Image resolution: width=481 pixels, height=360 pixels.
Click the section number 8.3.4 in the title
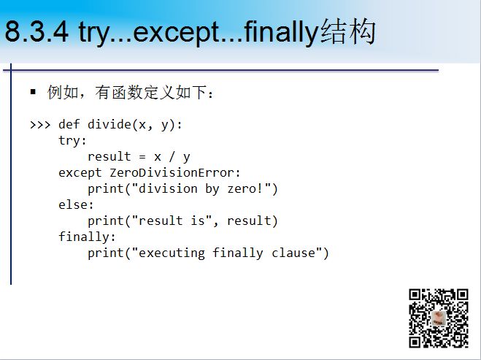pos(36,31)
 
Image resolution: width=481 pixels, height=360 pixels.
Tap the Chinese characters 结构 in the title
pos(348,31)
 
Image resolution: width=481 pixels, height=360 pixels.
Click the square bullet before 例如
pos(33,91)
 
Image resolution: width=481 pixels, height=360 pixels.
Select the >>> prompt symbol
pos(40,125)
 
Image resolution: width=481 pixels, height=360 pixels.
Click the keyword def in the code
pos(69,124)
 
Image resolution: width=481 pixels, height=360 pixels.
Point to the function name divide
pos(109,124)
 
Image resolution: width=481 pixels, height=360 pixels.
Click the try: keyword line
pos(72,141)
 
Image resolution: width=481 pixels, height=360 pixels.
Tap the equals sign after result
pos(142,157)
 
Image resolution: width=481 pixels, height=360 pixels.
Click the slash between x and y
pos(172,156)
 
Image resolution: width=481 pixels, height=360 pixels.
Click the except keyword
pos(80,173)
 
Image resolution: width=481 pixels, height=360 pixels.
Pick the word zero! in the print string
pos(245,188)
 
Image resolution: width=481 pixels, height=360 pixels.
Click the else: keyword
pos(76,204)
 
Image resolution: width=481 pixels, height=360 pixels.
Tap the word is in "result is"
pos(198,221)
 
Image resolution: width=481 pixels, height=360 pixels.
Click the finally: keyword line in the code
pos(87,237)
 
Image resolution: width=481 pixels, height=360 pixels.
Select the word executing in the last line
pos(172,253)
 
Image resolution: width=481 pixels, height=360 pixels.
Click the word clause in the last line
pos(293,253)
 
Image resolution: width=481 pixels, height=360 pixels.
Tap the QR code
pos(439,318)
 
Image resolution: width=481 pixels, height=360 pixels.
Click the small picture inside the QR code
pos(439,318)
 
